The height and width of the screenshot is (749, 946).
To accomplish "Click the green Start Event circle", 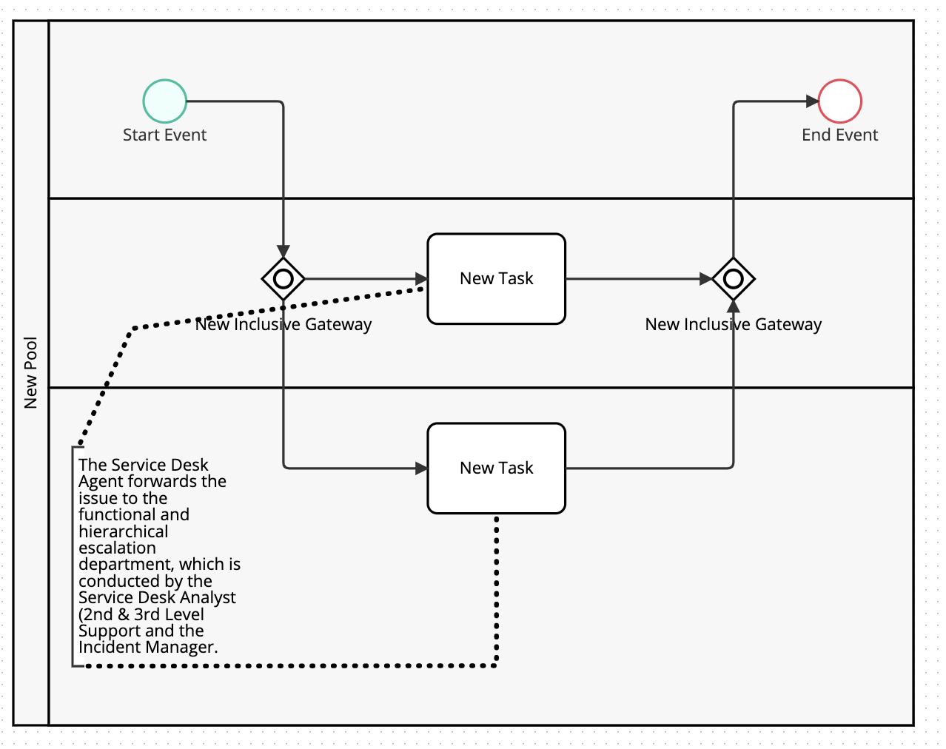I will click(x=164, y=101).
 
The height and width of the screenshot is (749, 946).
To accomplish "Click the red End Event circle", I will click(x=839, y=101).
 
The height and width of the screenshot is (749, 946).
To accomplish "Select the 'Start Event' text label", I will click(x=164, y=135).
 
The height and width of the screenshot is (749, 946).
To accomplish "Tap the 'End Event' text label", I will click(x=839, y=135).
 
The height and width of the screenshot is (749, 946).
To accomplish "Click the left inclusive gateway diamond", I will click(x=283, y=279).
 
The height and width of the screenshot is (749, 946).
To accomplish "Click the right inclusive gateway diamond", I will click(x=733, y=279).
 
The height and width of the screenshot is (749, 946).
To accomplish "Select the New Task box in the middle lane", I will click(x=496, y=279).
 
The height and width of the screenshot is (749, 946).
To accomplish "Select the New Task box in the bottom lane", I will click(x=496, y=468).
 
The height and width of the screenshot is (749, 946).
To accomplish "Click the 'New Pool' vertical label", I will click(x=30, y=372).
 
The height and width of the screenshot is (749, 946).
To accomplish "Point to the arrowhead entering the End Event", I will click(x=812, y=101).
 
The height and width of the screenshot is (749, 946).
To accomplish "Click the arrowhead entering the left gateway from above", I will click(x=283, y=252).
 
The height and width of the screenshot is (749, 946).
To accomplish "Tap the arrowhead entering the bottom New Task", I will click(x=421, y=468).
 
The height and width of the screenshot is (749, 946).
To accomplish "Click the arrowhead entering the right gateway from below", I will click(x=733, y=306).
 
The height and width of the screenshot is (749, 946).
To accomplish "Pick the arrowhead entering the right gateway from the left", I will click(x=705, y=279).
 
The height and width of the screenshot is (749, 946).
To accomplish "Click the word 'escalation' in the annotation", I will click(x=117, y=548).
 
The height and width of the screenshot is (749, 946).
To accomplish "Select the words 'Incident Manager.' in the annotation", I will click(x=148, y=648).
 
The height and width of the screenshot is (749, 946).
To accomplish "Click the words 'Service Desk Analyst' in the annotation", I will click(x=157, y=597).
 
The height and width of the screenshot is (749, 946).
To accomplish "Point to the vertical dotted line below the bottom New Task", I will click(x=496, y=592).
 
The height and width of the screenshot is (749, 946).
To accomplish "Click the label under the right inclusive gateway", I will click(x=733, y=324).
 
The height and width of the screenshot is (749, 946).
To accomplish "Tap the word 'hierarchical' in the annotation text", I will click(x=123, y=531).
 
